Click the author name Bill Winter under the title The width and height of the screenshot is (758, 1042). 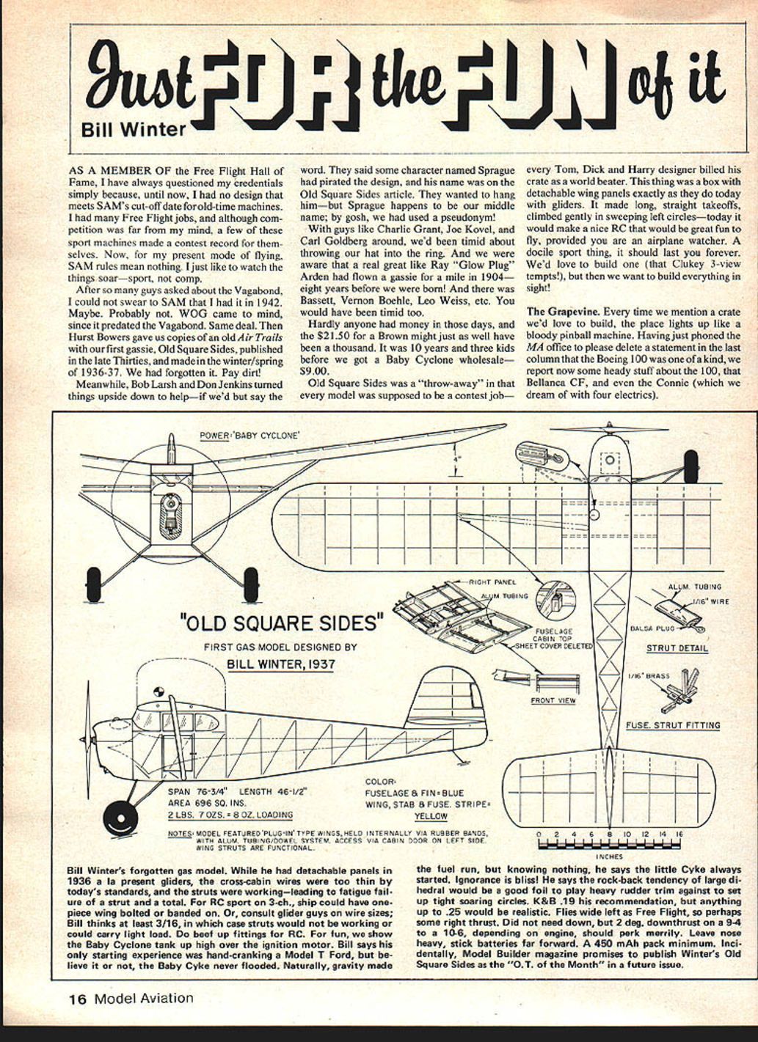pyautogui.click(x=134, y=129)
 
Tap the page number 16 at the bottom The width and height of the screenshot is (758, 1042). pyautogui.click(x=78, y=998)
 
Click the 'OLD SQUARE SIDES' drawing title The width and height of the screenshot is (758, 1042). pyautogui.click(x=282, y=623)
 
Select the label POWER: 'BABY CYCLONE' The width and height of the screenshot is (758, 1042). pyautogui.click(x=249, y=436)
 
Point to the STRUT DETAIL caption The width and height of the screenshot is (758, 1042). pyautogui.click(x=677, y=648)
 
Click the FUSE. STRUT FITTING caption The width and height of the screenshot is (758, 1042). pyautogui.click(x=673, y=725)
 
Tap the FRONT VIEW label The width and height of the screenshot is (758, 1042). pyautogui.click(x=553, y=700)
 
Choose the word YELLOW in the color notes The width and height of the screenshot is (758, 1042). pyautogui.click(x=430, y=815)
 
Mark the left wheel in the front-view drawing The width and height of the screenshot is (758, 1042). pyautogui.click(x=94, y=584)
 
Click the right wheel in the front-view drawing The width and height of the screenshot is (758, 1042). pyautogui.click(x=251, y=584)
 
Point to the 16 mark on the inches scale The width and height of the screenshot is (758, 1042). pyautogui.click(x=679, y=834)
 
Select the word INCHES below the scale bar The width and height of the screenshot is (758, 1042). pyautogui.click(x=609, y=856)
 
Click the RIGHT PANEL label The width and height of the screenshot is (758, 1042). pyautogui.click(x=492, y=582)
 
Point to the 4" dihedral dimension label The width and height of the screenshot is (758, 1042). pyautogui.click(x=457, y=460)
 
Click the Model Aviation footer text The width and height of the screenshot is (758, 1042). pyautogui.click(x=144, y=998)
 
